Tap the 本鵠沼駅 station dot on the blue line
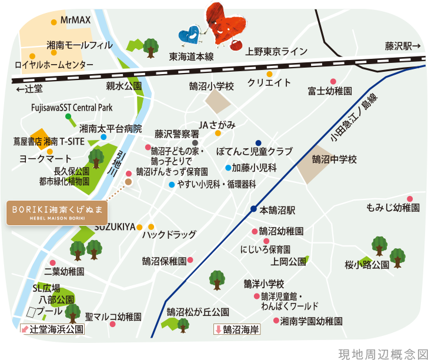coord(253,209)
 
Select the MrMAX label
coord(75,21)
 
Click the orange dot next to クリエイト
coord(269,74)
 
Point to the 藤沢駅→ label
coord(403,46)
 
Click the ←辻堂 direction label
coord(29,89)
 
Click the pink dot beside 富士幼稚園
coord(333,81)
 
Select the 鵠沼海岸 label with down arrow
coord(238,330)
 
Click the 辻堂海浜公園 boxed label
coord(52,329)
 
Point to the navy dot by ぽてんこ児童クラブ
coord(258,142)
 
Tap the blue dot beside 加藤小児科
coord(228,168)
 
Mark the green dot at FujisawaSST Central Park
coord(68,116)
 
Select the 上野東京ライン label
coord(277,52)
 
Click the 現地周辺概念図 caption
coord(380,354)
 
